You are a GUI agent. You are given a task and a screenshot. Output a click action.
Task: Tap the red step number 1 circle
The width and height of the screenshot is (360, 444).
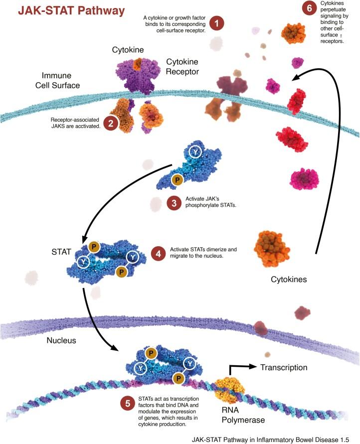(x=216, y=23)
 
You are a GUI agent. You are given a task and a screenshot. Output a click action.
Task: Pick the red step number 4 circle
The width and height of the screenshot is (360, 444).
(x=159, y=254)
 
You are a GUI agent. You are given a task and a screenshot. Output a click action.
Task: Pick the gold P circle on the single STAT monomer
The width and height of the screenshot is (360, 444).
(x=177, y=179)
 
